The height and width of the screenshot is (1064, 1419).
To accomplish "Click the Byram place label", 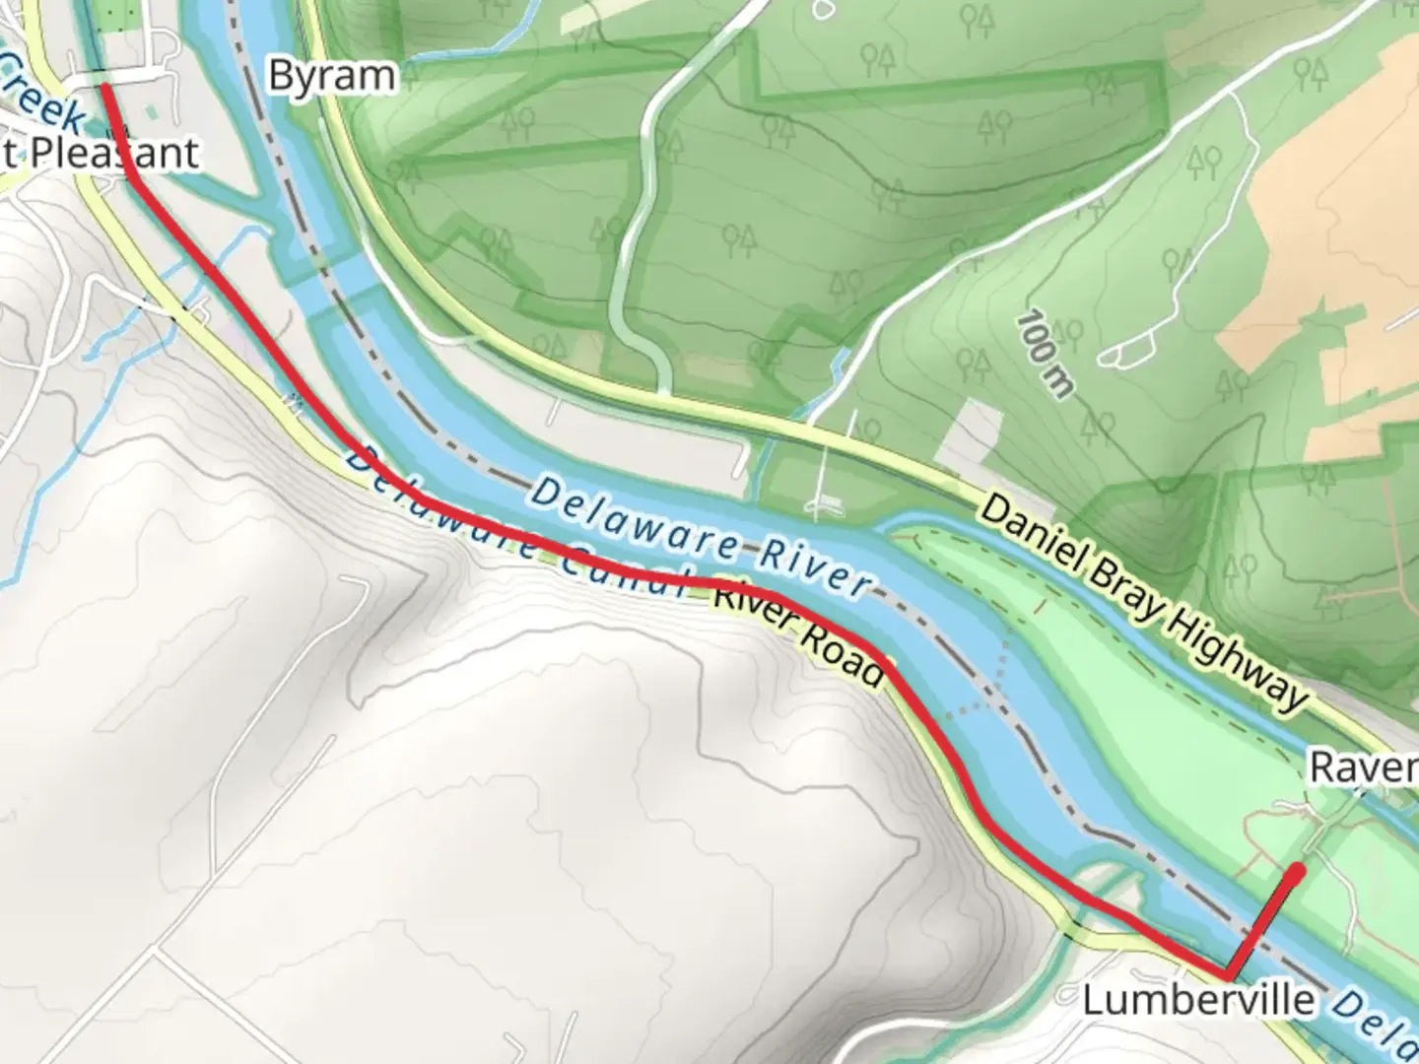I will tap(331, 76).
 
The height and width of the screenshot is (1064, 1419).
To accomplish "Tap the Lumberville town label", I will tap(1197, 1001).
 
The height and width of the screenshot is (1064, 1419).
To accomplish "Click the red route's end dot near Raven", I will tap(1299, 869).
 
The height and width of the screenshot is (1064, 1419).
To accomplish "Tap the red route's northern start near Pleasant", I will tap(104, 89).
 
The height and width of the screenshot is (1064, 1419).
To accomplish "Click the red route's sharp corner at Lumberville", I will tap(1228, 975).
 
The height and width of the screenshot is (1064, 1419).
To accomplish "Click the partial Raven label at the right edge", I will tap(1364, 766).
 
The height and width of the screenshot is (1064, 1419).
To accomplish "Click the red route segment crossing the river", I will tap(1263, 922).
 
